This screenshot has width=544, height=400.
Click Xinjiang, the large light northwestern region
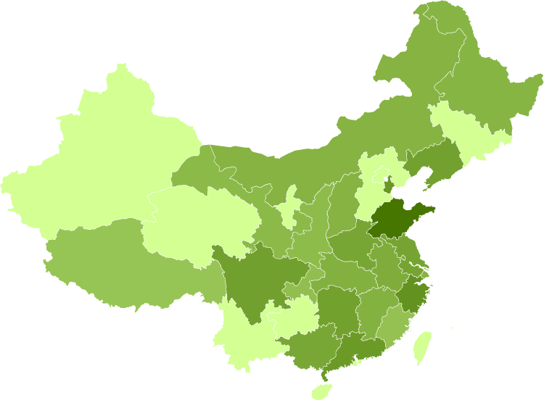click(x=109, y=159)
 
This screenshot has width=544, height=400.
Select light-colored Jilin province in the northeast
click(x=464, y=130)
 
